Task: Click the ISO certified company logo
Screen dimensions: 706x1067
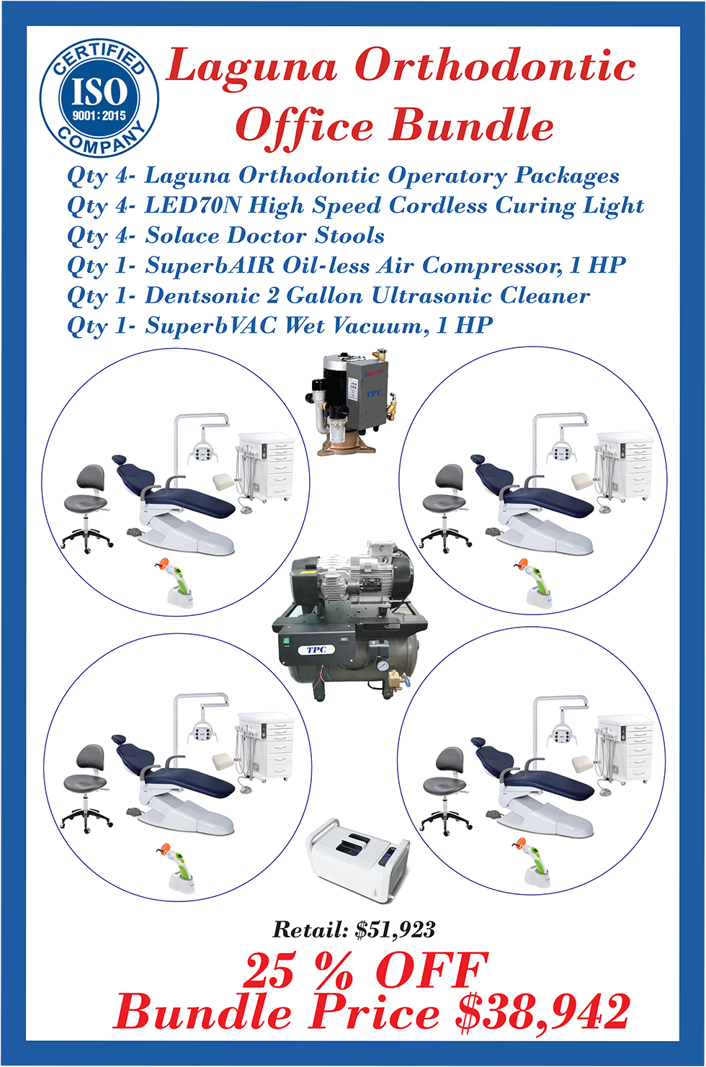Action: [x=99, y=98]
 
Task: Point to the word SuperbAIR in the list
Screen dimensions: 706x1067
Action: [x=210, y=266]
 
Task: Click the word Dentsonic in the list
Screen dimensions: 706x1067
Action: [x=202, y=296]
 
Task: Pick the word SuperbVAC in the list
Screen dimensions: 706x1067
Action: [x=210, y=326]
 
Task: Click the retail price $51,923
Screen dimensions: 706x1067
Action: [x=395, y=929]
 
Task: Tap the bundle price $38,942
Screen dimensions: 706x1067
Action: [x=542, y=1012]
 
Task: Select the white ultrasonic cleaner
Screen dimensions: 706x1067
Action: [x=358, y=862]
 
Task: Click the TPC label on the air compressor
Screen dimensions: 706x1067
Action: [x=316, y=650]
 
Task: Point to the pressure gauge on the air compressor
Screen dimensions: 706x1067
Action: [x=380, y=666]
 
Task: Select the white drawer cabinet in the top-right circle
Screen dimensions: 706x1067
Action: [x=625, y=466]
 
